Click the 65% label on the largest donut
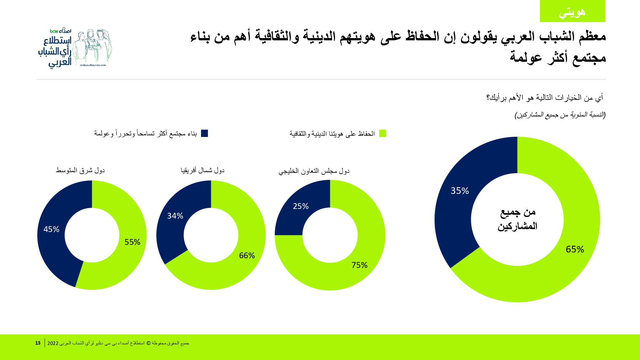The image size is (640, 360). [x=575, y=249]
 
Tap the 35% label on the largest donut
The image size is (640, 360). [x=460, y=191]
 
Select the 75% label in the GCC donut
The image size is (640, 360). [x=359, y=265]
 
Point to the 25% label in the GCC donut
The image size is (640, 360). [x=301, y=206]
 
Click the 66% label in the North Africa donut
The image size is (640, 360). [x=247, y=255]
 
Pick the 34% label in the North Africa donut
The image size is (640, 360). [x=175, y=216]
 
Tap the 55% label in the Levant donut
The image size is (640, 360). [x=132, y=242]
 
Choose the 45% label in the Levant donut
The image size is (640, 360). [x=51, y=229]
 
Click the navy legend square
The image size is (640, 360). [x=204, y=133]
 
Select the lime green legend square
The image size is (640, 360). [x=383, y=133]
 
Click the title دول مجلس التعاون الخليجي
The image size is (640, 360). [x=314, y=171]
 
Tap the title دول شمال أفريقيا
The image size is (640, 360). [x=203, y=170]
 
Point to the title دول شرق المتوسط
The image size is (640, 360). [x=80, y=170]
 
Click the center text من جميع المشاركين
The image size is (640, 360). [x=517, y=219]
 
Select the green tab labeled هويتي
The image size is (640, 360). [x=572, y=11]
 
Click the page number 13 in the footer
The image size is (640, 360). [x=38, y=343]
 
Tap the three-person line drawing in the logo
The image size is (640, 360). [x=92, y=46]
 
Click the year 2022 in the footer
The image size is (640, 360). [x=53, y=343]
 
